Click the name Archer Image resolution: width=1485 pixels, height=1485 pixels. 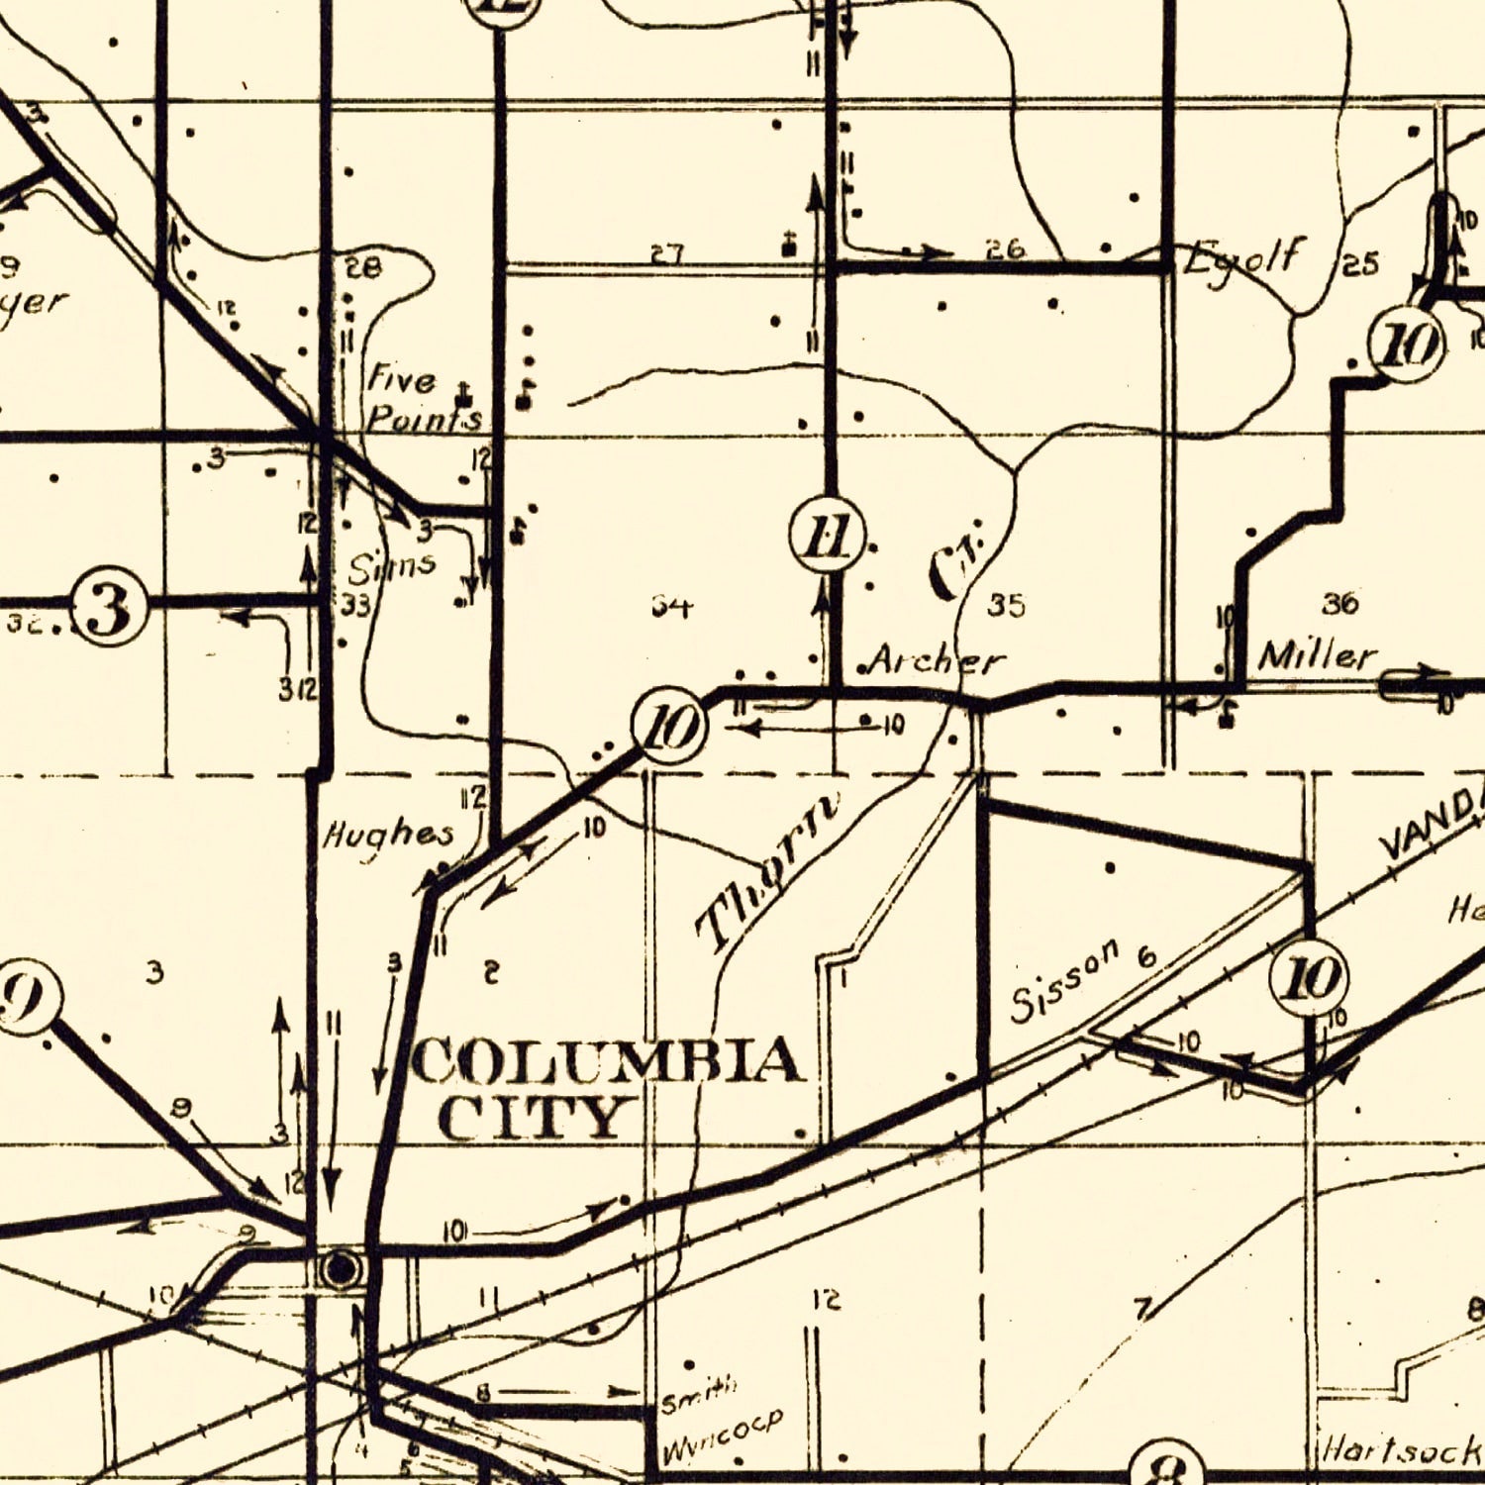point(936,660)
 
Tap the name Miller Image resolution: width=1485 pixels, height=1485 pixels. point(1317,655)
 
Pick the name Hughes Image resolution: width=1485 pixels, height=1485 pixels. point(389,837)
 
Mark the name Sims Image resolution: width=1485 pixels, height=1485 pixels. point(391,565)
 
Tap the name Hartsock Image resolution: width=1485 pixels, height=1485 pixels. point(1401,1450)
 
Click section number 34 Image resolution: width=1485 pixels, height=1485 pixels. point(671,605)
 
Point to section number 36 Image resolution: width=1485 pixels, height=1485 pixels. point(1339,602)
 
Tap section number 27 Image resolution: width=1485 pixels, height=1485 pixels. point(667,254)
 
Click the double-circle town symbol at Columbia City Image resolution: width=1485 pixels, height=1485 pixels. point(341,1267)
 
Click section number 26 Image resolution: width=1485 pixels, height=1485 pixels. point(1005,249)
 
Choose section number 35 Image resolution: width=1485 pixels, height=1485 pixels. point(1007,605)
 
